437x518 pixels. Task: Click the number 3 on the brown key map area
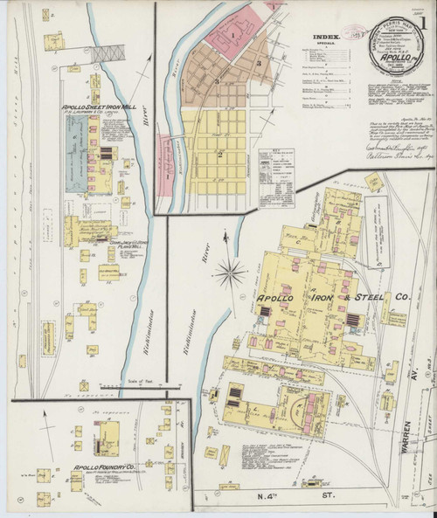(259, 64)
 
